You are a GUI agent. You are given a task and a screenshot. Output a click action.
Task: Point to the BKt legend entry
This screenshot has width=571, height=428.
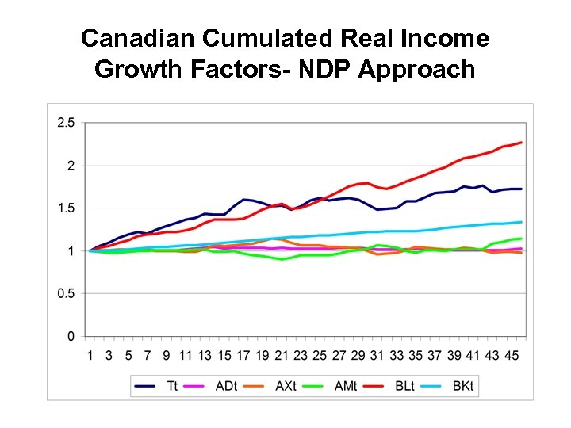click(x=462, y=386)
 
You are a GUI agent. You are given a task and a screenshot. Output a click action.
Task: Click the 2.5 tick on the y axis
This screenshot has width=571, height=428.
click(x=66, y=123)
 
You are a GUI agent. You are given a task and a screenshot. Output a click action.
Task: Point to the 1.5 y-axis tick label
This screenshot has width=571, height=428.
click(x=66, y=208)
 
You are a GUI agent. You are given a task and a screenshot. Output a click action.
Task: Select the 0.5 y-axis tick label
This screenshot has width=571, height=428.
click(x=66, y=294)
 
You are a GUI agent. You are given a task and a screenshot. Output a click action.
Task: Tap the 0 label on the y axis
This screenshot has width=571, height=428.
click(x=71, y=337)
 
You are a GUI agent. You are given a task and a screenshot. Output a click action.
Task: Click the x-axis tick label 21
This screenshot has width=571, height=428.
click(x=282, y=355)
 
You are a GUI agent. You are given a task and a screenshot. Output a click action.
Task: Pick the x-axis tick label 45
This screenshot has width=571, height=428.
click(x=511, y=355)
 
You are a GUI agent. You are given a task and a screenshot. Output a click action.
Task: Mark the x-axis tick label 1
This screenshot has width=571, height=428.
click(x=90, y=355)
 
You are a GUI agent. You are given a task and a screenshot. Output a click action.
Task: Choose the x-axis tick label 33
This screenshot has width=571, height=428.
click(x=397, y=355)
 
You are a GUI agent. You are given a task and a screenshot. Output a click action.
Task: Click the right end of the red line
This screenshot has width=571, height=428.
click(x=521, y=143)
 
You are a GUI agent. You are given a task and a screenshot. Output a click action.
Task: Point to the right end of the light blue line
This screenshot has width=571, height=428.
click(x=521, y=222)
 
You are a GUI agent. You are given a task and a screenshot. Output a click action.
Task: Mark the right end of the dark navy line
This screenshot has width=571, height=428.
click(x=521, y=189)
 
